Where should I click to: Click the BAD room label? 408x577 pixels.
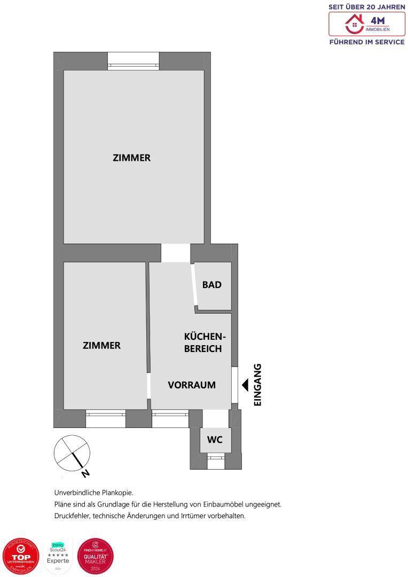[x=211, y=285]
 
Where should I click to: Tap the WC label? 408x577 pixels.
[x=215, y=440]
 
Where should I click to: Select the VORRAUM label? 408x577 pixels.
[x=192, y=385]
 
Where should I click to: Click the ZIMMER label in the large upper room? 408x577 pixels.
[x=131, y=158]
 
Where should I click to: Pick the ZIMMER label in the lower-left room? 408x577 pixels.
[x=101, y=345]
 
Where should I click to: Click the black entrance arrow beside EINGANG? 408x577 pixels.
[x=246, y=384]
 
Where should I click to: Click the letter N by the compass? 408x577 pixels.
[x=85, y=473]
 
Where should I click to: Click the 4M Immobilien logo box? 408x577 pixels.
[x=367, y=24]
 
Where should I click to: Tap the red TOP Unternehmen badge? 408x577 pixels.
[x=21, y=556]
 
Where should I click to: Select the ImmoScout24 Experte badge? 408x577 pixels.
[x=58, y=557]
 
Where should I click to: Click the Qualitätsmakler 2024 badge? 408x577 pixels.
[x=96, y=556]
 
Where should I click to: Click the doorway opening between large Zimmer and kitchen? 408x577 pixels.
[x=176, y=253]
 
